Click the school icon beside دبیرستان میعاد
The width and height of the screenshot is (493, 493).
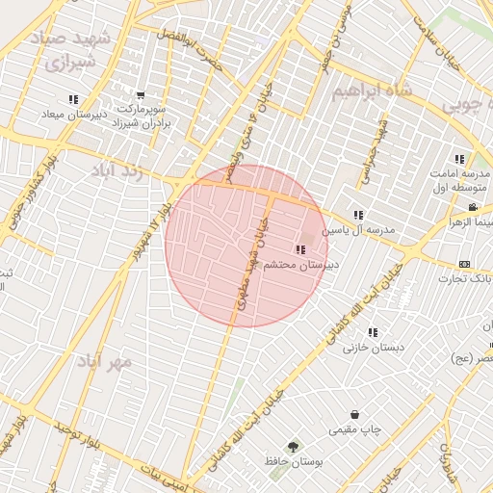(73, 99)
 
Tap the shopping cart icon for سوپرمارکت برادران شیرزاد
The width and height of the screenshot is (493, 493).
(141, 95)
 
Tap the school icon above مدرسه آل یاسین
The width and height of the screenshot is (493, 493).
(358, 216)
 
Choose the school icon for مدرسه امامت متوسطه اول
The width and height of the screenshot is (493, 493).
(459, 159)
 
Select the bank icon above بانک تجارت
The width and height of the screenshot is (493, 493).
(465, 265)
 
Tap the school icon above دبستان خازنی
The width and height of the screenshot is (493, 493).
(373, 332)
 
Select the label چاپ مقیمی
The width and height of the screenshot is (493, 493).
(355, 429)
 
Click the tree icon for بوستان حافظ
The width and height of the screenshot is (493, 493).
(293, 447)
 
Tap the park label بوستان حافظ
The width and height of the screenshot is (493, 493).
(293, 462)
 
